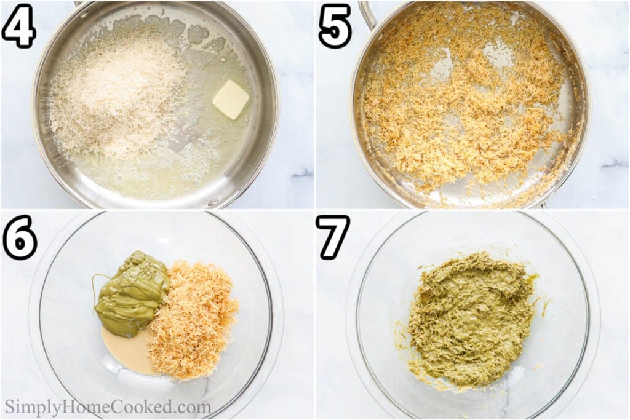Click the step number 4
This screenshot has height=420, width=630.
pyautogui.click(x=18, y=26)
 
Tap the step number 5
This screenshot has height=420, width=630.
pyautogui.click(x=335, y=26)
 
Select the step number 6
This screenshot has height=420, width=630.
pyautogui.click(x=19, y=237)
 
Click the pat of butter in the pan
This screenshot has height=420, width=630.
pyautogui.click(x=231, y=99)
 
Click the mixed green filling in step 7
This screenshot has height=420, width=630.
pyautogui.click(x=471, y=320)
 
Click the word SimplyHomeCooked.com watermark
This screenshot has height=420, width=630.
pyautogui.click(x=108, y=408)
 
